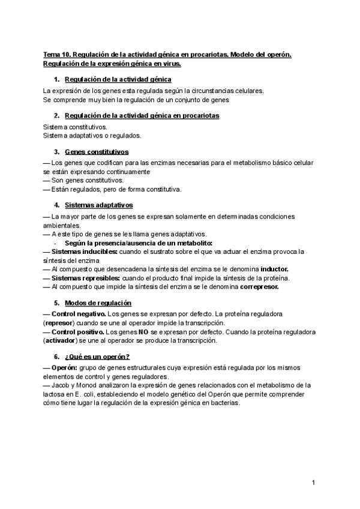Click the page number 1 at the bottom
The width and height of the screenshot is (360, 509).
click(x=313, y=483)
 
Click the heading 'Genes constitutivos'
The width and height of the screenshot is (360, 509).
click(x=96, y=152)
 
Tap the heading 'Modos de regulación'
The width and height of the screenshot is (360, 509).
click(x=98, y=303)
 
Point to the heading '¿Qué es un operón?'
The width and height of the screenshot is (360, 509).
click(x=97, y=356)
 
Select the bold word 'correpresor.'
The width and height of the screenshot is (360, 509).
click(x=264, y=287)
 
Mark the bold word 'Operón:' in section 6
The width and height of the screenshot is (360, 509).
click(x=67, y=367)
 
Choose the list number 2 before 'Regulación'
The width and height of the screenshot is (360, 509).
click(x=56, y=115)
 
